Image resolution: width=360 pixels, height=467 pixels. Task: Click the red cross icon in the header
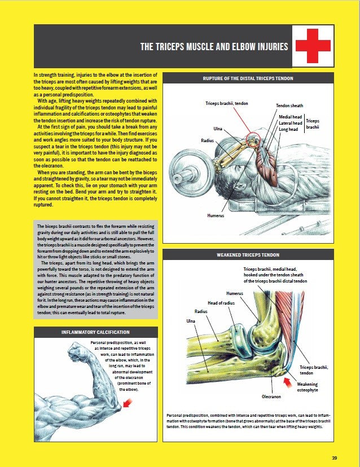(313, 46)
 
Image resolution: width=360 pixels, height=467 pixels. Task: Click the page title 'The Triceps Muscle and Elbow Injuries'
(214, 47)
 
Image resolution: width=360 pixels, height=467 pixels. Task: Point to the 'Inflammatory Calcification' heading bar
(95, 333)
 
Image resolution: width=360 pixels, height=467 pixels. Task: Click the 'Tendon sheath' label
(289, 105)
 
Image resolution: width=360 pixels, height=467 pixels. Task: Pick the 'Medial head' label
(290, 117)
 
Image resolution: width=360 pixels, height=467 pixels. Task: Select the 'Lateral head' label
(290, 123)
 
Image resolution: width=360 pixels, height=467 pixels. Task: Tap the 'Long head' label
(288, 129)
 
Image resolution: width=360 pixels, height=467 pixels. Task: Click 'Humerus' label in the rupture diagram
(215, 215)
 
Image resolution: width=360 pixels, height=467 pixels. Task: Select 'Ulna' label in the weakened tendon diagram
(190, 321)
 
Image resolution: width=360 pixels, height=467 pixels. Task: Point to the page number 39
(335, 457)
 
